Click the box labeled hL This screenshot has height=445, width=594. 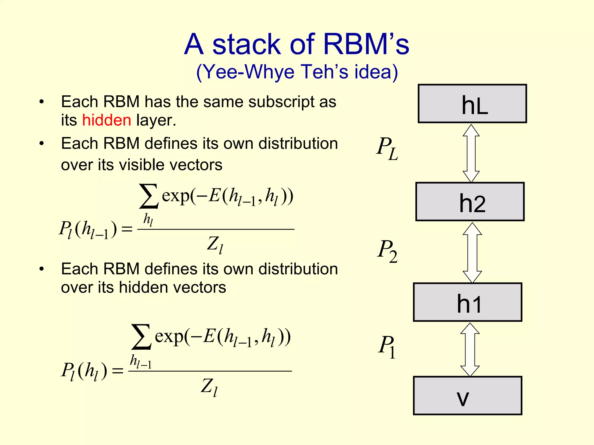[x=472, y=104]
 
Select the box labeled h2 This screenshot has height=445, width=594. [x=470, y=202]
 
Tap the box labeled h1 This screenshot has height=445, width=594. [x=468, y=302]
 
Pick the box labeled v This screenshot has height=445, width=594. [x=468, y=396]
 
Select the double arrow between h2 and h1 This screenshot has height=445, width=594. [x=472, y=253]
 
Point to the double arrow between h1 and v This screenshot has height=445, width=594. [x=470, y=349]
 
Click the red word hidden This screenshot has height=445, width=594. [x=107, y=120]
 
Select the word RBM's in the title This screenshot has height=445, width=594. [x=366, y=44]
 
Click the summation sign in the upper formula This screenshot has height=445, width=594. [x=149, y=196]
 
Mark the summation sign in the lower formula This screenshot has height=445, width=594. [x=141, y=337]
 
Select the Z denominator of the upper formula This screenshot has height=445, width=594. [x=215, y=244]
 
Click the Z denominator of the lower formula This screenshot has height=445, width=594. [x=209, y=387]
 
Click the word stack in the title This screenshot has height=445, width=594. [x=247, y=44]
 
